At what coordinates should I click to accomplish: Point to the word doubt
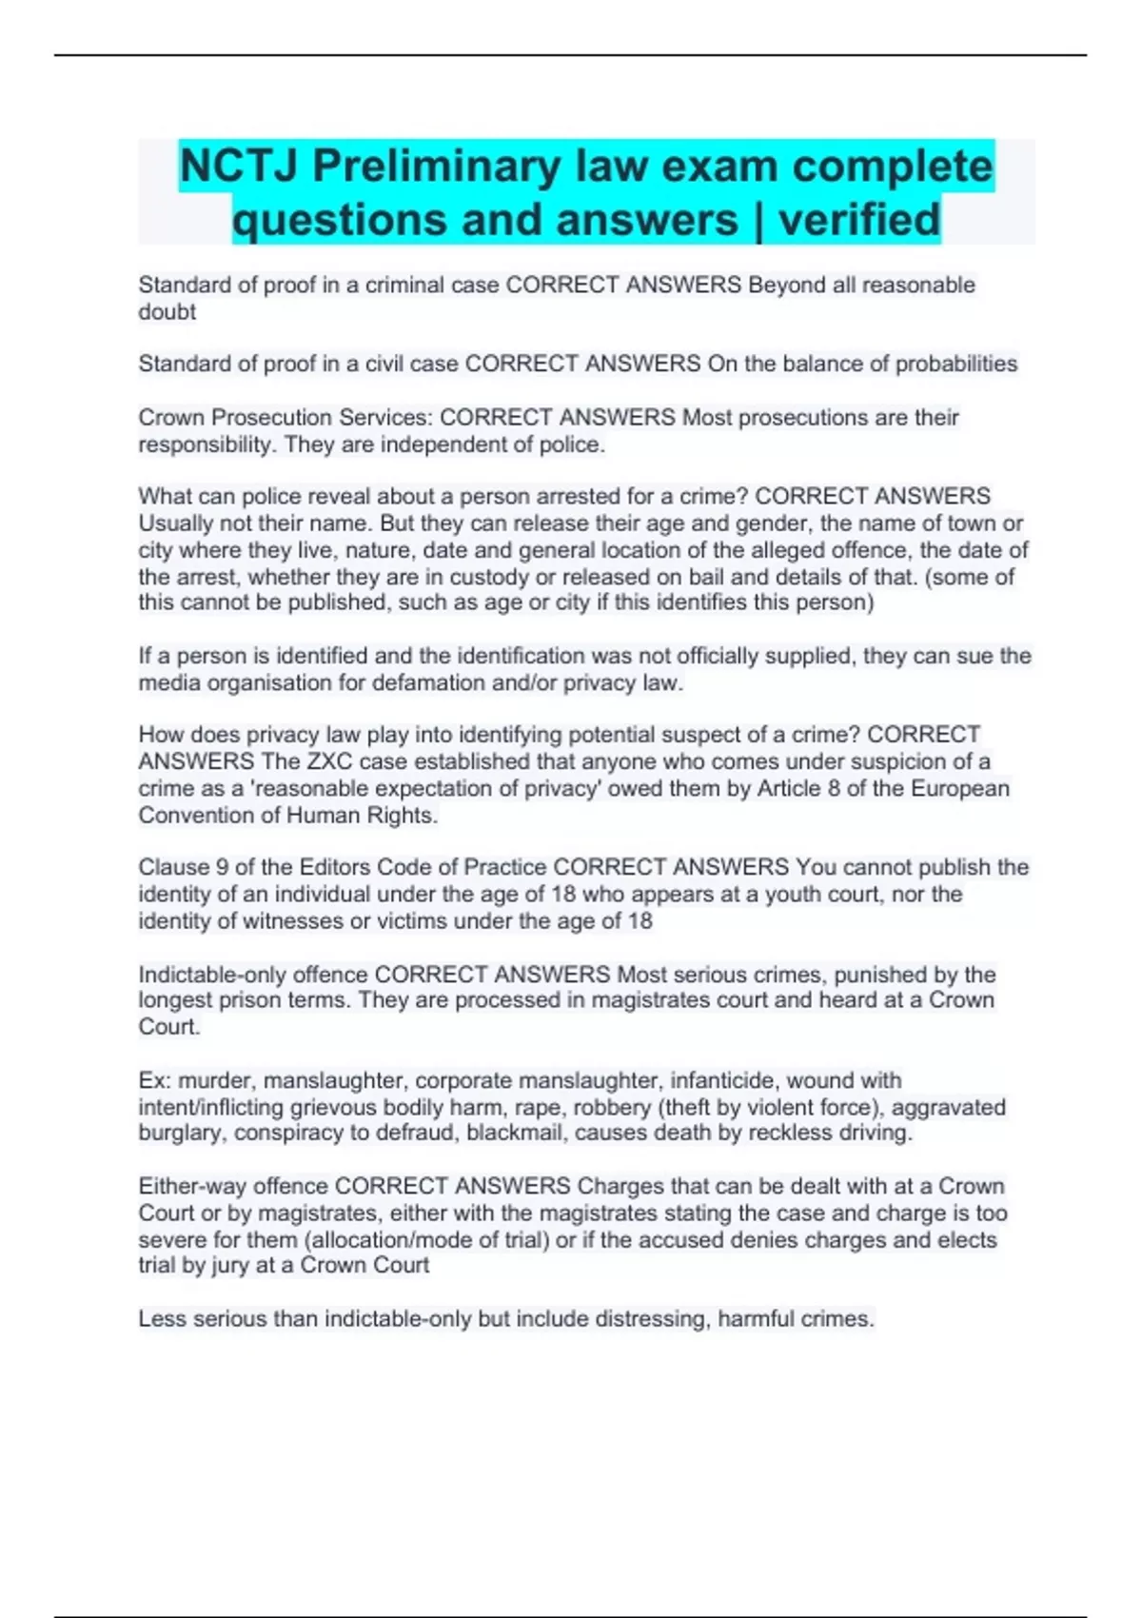coord(167,312)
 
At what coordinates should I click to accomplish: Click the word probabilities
coord(956,364)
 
